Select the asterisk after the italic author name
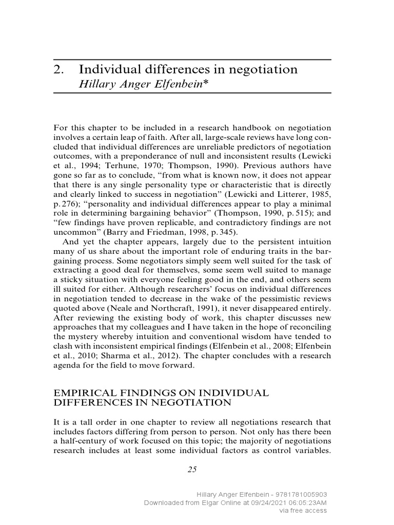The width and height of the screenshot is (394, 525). coord(205,84)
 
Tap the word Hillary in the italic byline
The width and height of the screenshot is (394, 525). coord(94,84)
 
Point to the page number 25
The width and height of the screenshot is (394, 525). coord(192,469)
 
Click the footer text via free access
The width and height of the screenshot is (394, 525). coord(303,511)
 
